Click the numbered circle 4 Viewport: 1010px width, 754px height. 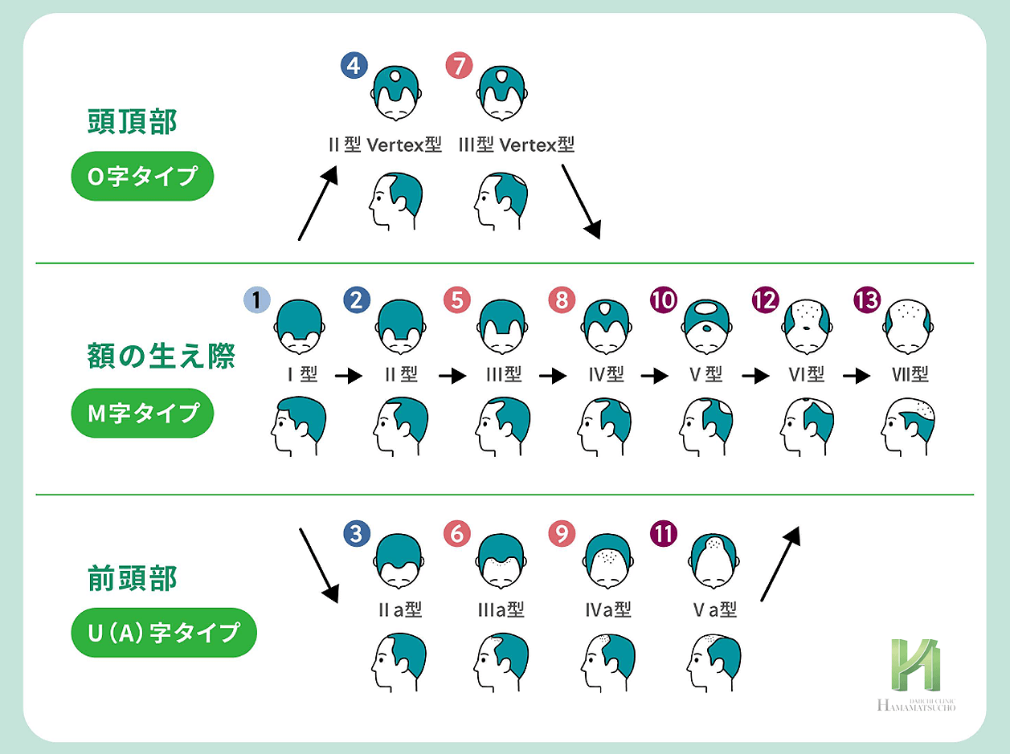click(354, 66)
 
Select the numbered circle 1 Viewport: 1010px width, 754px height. click(256, 300)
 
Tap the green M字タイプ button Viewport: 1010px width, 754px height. click(142, 413)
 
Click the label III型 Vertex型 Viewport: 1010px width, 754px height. click(516, 145)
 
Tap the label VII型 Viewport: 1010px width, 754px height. click(910, 375)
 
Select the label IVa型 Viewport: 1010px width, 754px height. click(608, 609)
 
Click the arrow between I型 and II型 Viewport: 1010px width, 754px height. click(348, 376)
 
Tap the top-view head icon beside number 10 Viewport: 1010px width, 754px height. click(706, 326)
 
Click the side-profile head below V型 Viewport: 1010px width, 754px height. click(706, 426)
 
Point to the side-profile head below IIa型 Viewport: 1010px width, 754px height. click(397, 662)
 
